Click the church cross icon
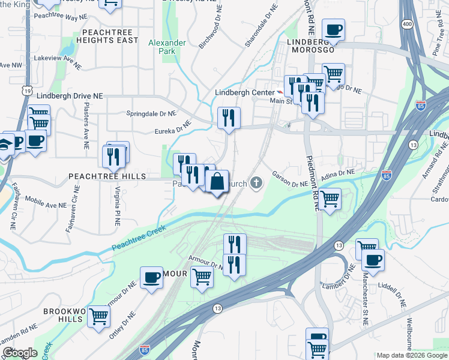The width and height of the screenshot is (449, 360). coord(257,182)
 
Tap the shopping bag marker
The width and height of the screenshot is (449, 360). coord(217,181)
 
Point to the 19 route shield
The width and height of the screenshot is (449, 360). coord(28,90)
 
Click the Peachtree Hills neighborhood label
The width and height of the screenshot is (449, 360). coord(107,176)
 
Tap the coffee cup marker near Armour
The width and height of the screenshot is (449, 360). coord(151,277)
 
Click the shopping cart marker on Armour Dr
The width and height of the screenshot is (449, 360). coord(202,278)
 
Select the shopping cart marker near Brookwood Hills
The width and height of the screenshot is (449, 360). coord(98,316)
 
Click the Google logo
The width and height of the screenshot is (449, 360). coord(20,353)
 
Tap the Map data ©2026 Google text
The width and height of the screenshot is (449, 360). coord(412,355)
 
